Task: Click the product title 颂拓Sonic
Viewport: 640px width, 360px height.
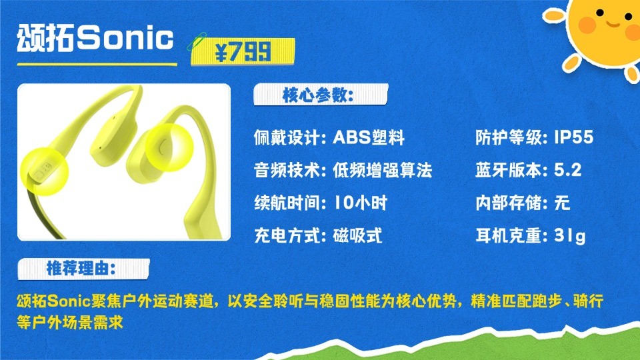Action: [96, 38]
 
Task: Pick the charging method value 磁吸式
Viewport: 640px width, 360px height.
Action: [357, 235]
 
